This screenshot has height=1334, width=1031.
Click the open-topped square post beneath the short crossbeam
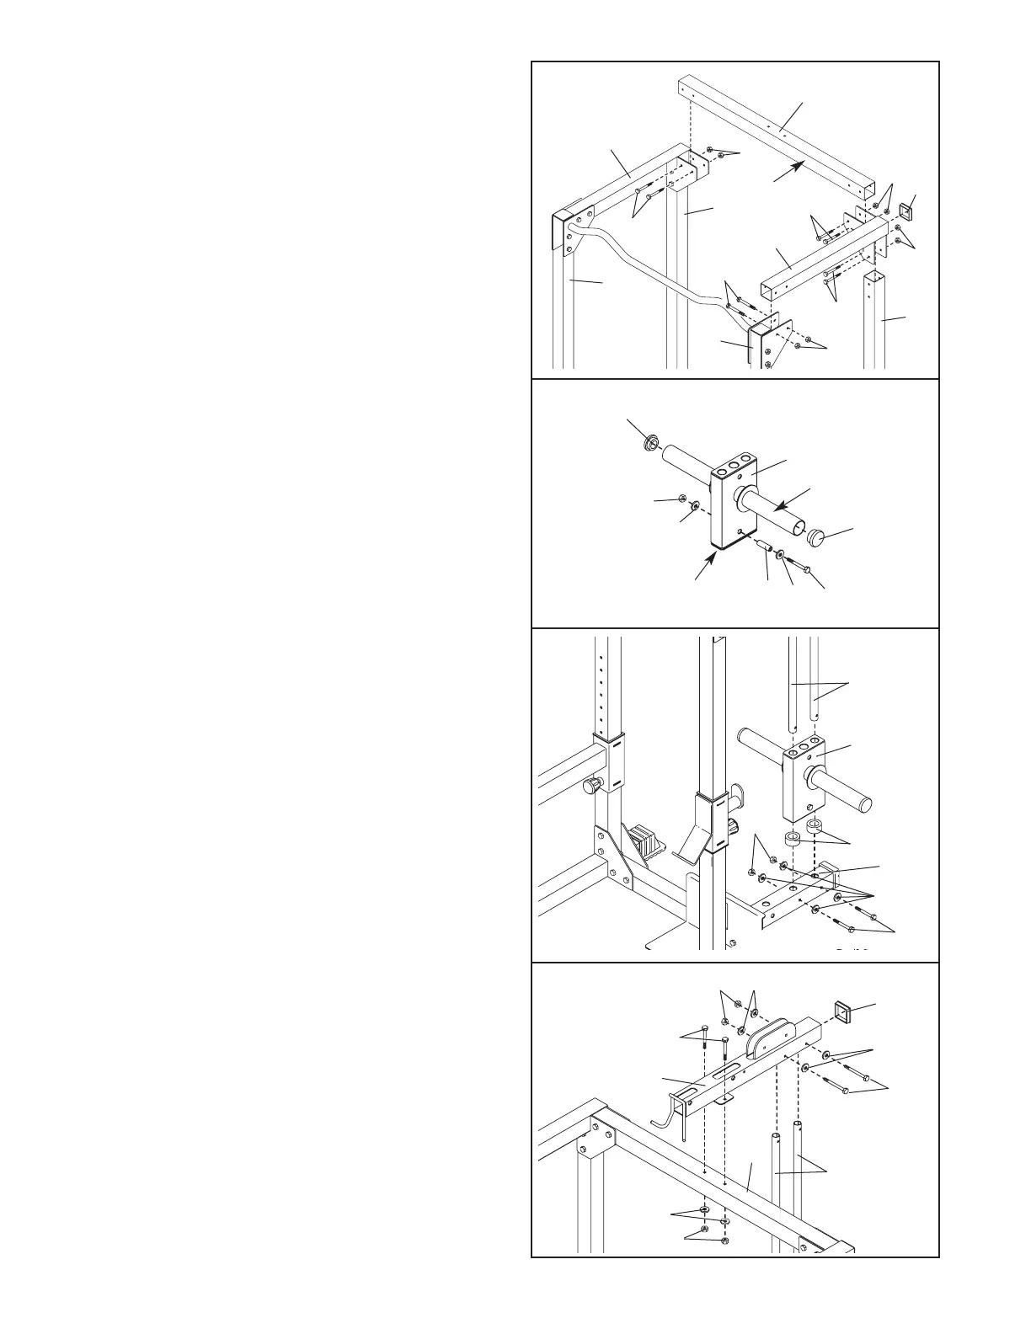875,320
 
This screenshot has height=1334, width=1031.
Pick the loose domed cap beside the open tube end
817,536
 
